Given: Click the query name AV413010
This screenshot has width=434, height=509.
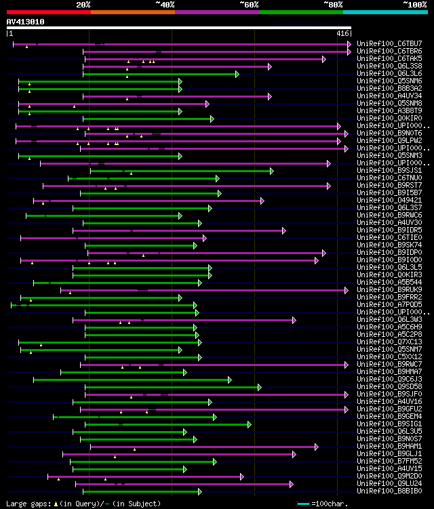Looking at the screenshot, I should coord(26,22).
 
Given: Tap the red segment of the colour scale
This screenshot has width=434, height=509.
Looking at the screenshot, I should coord(48,12).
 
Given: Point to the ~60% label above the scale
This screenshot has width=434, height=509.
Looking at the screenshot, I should coord(249,4).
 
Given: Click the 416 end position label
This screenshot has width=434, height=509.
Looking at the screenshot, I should coord(343,33).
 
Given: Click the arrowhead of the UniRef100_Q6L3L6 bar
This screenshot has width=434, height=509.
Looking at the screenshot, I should coord(237,74).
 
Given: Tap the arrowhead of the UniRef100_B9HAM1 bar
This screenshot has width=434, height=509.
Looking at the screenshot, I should coord(316,447).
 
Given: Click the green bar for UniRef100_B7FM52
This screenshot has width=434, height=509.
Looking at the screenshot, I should coord(142,462).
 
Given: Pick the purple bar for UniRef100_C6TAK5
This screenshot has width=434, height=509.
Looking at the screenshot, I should coord(203,59).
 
